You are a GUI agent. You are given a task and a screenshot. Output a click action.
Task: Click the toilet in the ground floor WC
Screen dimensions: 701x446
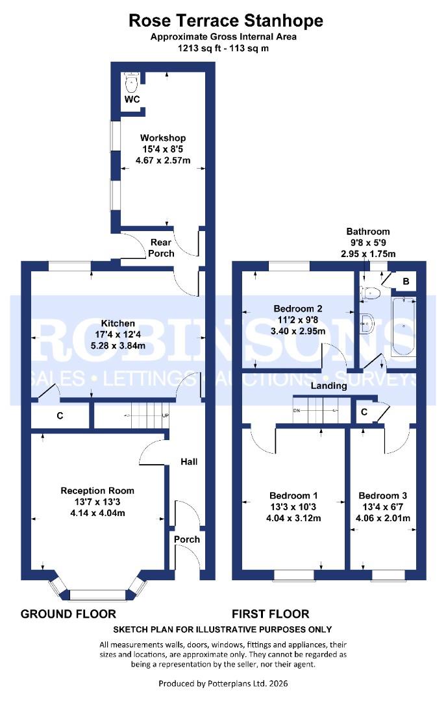[132, 81]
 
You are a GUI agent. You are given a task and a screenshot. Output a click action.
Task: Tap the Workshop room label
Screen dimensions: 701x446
[163, 138]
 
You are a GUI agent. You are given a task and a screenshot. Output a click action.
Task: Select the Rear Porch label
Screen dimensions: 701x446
[162, 248]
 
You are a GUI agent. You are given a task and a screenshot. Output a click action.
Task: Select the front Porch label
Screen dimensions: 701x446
[186, 539]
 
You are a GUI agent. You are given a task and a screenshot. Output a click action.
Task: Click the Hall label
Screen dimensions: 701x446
[189, 461]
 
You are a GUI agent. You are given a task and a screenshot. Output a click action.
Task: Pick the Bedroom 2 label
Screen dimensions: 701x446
[298, 308]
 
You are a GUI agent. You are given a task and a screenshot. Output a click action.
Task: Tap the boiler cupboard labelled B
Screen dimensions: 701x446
[406, 281]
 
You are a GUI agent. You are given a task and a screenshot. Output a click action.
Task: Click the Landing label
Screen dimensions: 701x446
[328, 386]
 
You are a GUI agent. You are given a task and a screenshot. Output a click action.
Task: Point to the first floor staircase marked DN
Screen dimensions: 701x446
[316, 410]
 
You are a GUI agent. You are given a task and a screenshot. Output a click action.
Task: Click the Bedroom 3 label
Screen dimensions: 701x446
[383, 495]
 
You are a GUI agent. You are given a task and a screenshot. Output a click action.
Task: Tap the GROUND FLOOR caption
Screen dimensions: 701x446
[68, 613]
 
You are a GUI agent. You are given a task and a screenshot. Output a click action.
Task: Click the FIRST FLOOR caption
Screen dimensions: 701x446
[271, 613]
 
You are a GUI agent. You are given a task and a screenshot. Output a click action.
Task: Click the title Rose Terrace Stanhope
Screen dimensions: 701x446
[225, 21]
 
